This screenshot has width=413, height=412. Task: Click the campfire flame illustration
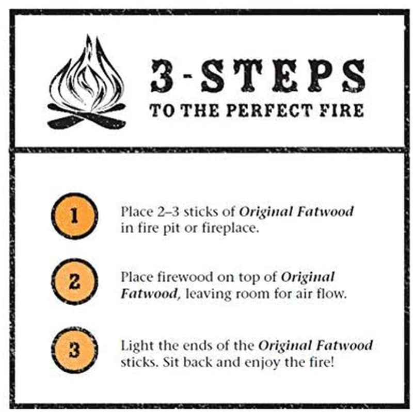pyautogui.click(x=87, y=82)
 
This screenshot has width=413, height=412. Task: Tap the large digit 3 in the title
pyautogui.click(x=163, y=76)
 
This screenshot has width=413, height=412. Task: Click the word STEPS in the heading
pyautogui.click(x=283, y=76)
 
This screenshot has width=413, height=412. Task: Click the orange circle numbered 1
pyautogui.click(x=74, y=216)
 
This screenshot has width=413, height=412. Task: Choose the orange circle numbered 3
pyautogui.click(x=74, y=350)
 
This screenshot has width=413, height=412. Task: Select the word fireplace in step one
pyautogui.click(x=230, y=228)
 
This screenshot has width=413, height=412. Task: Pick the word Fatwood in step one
pyautogui.click(x=326, y=212)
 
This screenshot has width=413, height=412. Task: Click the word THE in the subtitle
pyautogui.click(x=201, y=111)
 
